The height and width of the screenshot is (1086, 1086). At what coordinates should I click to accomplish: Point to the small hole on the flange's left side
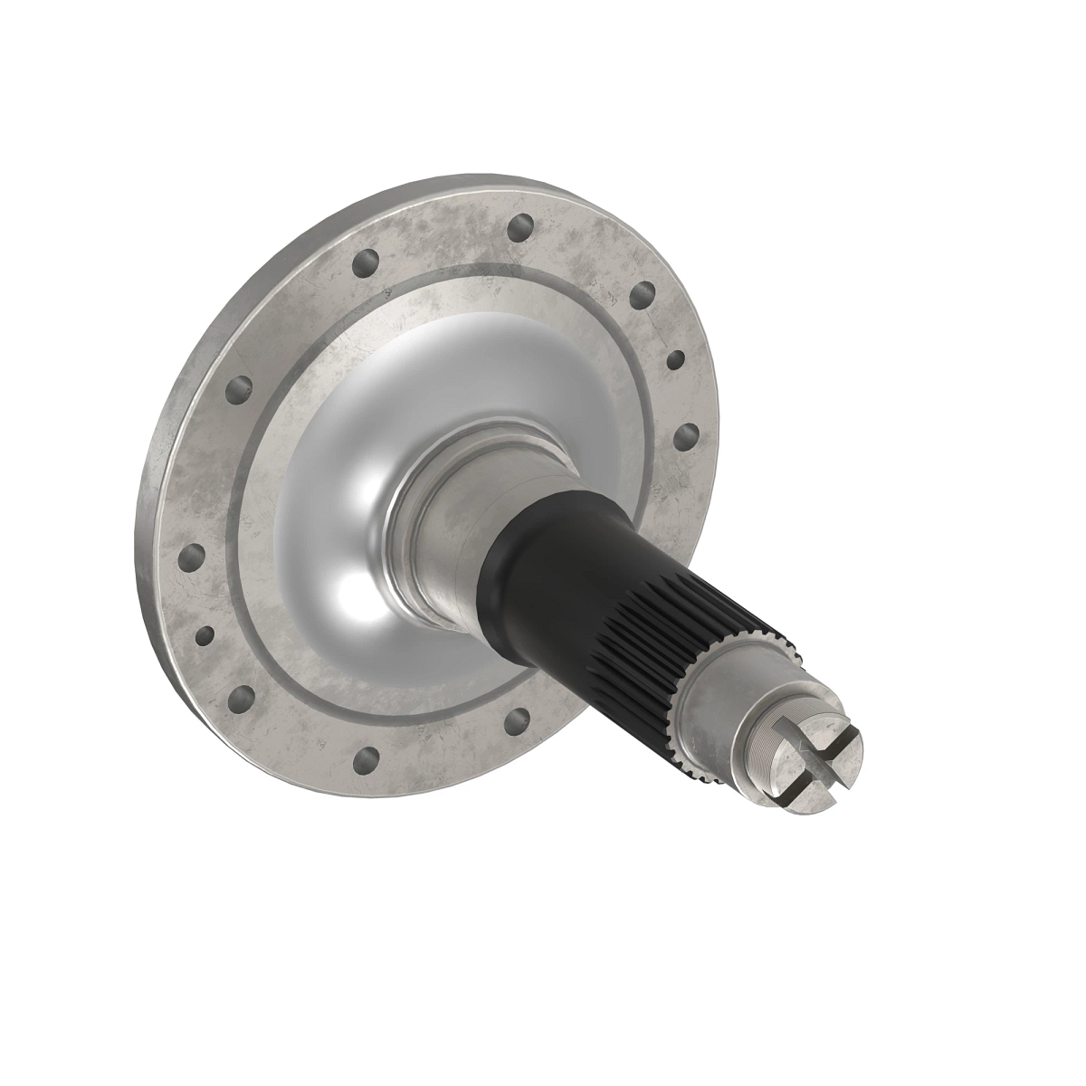(x=205, y=634)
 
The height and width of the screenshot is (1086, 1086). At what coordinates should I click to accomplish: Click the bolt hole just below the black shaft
(x=518, y=720)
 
